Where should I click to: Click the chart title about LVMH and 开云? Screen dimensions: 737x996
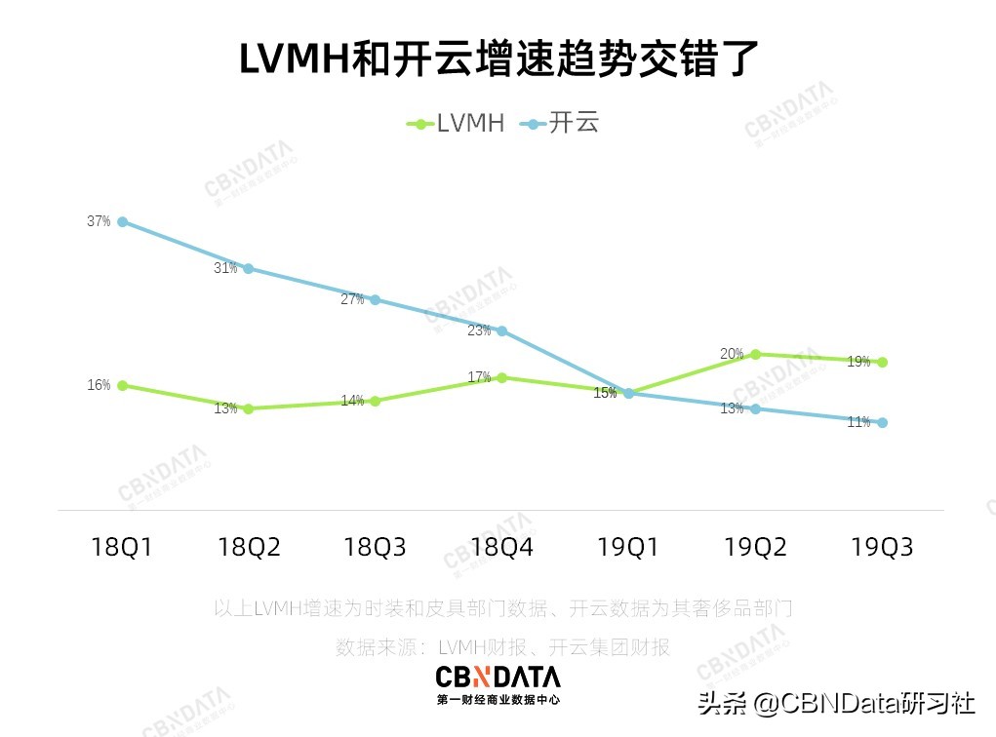pyautogui.click(x=498, y=59)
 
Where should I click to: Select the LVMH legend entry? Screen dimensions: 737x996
pyautogui.click(x=456, y=124)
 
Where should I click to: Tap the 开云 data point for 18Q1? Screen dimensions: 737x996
pyautogui.click(x=122, y=221)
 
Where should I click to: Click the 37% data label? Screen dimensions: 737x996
pyautogui.click(x=99, y=221)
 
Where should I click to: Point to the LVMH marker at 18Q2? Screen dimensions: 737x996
pyautogui.click(x=249, y=408)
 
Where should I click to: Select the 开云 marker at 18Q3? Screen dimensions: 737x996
pyautogui.click(x=375, y=299)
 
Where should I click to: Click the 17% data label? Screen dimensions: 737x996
pyautogui.click(x=479, y=377)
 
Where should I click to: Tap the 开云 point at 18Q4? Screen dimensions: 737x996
pyautogui.click(x=501, y=330)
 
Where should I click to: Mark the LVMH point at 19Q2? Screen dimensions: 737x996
pyautogui.click(x=755, y=354)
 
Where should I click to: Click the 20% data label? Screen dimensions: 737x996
pyautogui.click(x=733, y=354)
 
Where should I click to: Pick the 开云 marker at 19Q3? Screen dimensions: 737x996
pyautogui.click(x=882, y=422)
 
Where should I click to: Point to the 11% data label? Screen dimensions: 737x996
pyautogui.click(x=858, y=422)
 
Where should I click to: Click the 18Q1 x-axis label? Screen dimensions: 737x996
pyautogui.click(x=122, y=547)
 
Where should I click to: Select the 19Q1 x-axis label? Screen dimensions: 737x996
pyautogui.click(x=628, y=547)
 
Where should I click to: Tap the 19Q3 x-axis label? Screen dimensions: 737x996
pyautogui.click(x=882, y=547)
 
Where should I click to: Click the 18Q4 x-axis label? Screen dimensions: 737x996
pyautogui.click(x=501, y=547)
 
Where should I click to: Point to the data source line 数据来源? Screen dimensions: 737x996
pyautogui.click(x=502, y=646)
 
